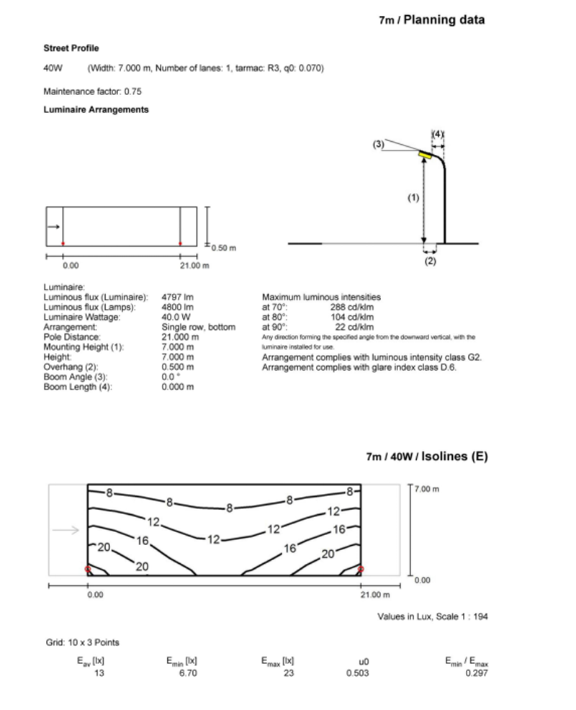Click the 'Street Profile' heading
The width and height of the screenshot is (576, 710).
pyautogui.click(x=71, y=48)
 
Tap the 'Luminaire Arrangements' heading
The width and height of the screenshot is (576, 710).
pyautogui.click(x=96, y=109)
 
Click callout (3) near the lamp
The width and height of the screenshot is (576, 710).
pyautogui.click(x=379, y=144)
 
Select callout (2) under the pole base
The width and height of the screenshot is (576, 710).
pyautogui.click(x=430, y=261)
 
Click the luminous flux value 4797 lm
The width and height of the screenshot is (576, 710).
pyautogui.click(x=178, y=297)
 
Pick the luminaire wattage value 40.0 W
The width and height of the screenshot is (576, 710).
pyautogui.click(x=176, y=317)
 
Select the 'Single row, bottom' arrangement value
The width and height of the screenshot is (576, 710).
pyautogui.click(x=198, y=327)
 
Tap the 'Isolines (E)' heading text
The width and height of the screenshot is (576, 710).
pyautogui.click(x=454, y=456)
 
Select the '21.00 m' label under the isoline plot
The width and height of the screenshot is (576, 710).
pyautogui.click(x=374, y=595)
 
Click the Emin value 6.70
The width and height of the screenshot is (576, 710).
pyautogui.click(x=187, y=673)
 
